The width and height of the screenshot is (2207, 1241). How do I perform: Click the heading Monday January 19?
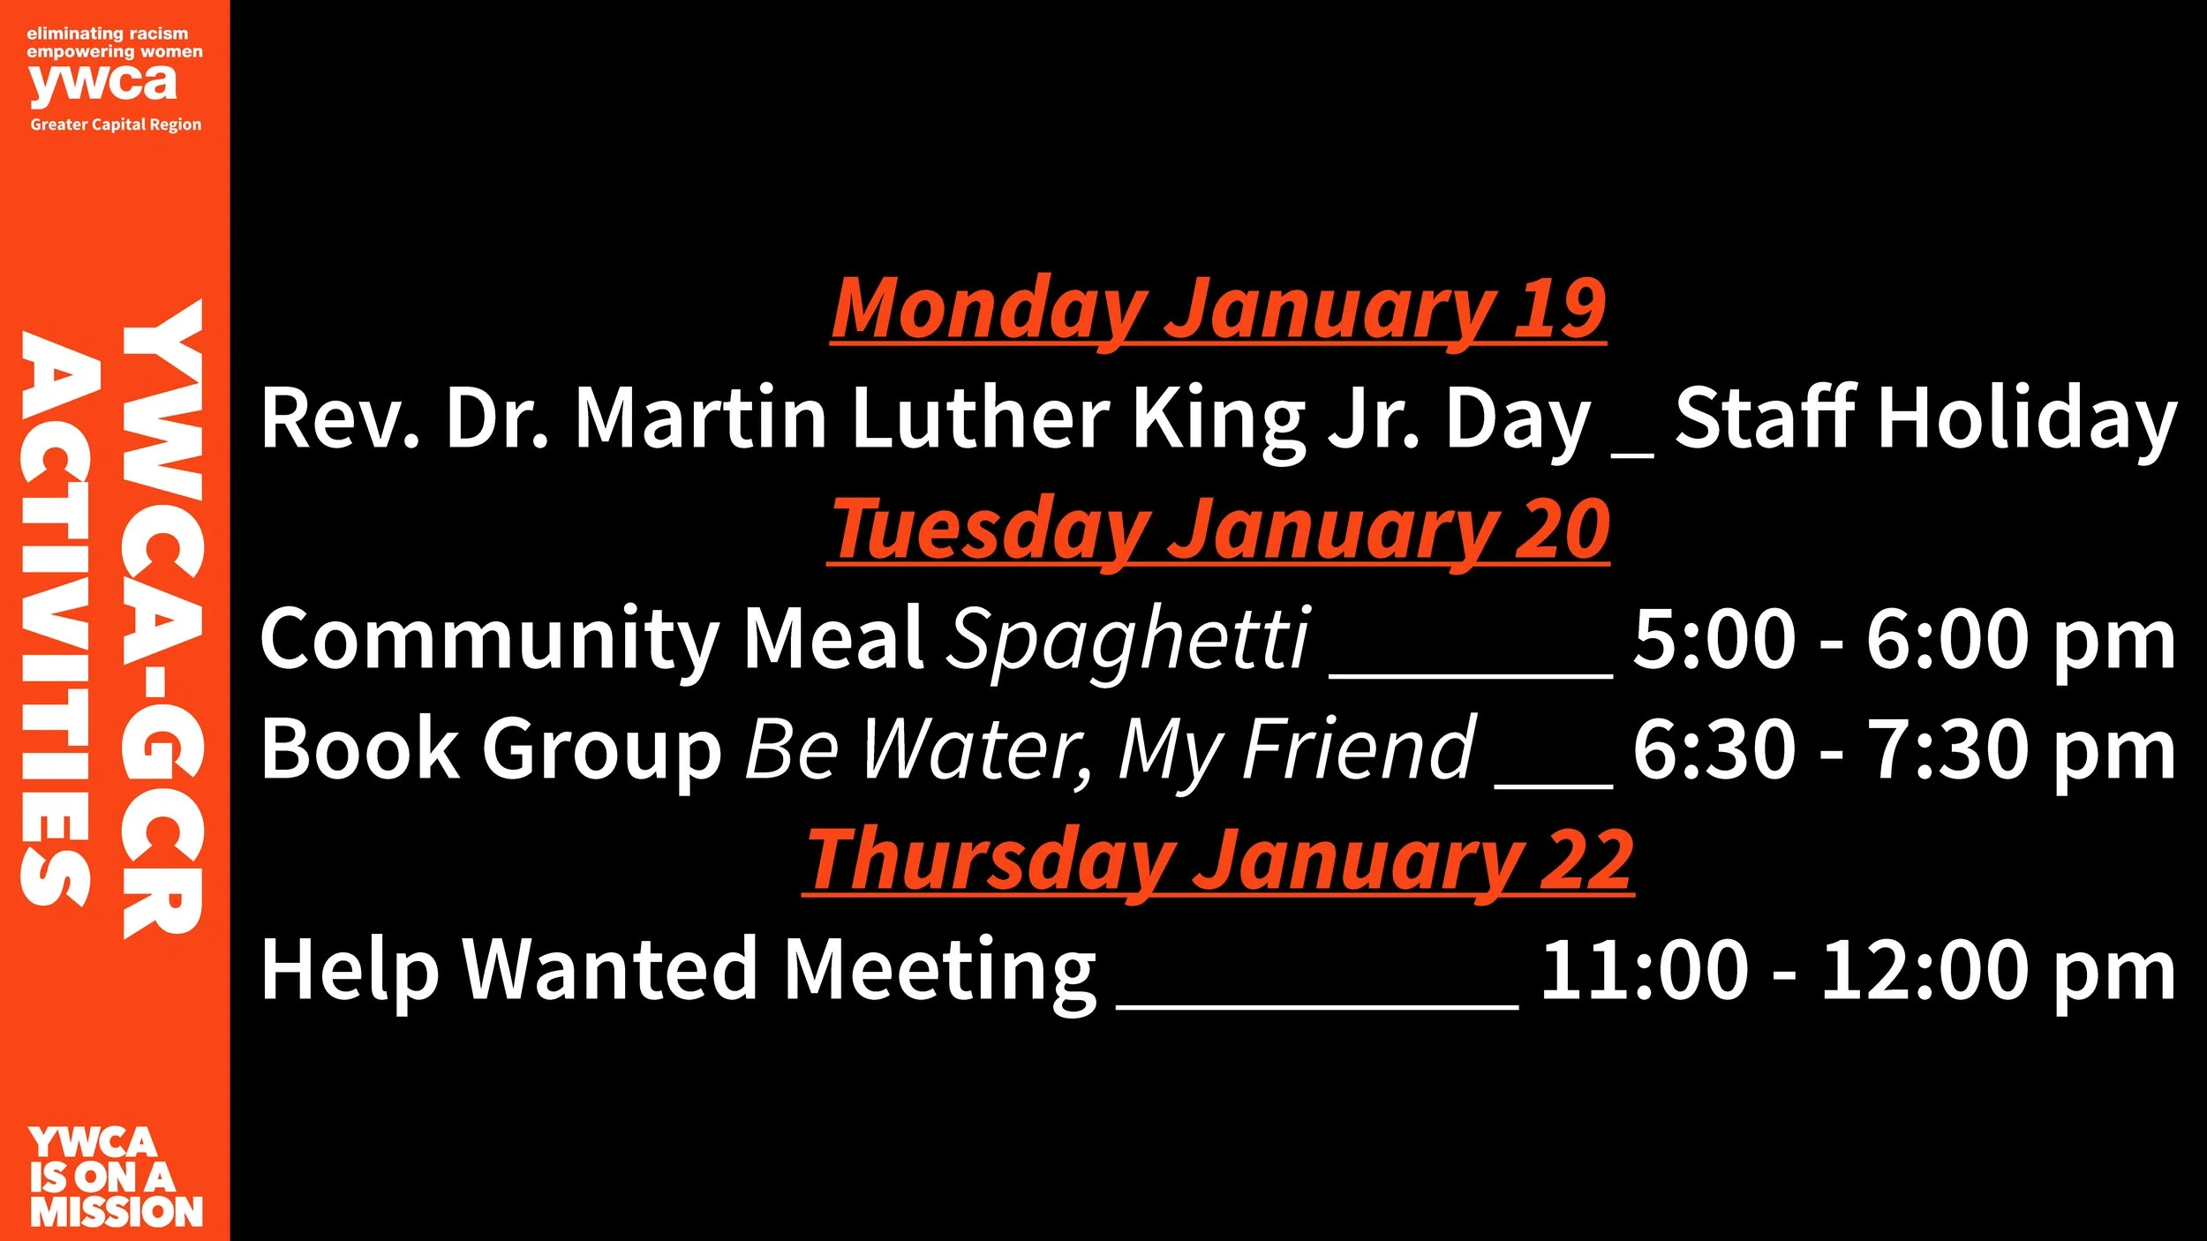[x=1218, y=308]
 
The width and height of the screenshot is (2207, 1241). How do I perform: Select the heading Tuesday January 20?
[x=1218, y=529]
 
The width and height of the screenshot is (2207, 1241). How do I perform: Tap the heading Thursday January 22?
[x=1218, y=860]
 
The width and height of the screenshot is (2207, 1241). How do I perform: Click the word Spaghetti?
[x=1127, y=639]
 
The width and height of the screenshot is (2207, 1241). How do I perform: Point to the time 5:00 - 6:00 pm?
[x=1903, y=639]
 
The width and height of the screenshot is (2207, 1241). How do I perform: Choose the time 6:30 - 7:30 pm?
[x=1903, y=749]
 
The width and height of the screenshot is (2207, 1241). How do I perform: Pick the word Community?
[x=490, y=639]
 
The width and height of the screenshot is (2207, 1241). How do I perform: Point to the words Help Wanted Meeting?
[x=678, y=970]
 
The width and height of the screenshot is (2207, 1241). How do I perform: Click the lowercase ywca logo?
[x=103, y=85]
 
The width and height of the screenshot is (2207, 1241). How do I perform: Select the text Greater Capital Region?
[x=116, y=124]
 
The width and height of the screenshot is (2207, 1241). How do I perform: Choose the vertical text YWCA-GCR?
[x=163, y=618]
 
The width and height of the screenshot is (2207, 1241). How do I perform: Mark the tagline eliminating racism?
[x=107, y=34]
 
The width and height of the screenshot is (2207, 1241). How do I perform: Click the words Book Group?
[x=491, y=749]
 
